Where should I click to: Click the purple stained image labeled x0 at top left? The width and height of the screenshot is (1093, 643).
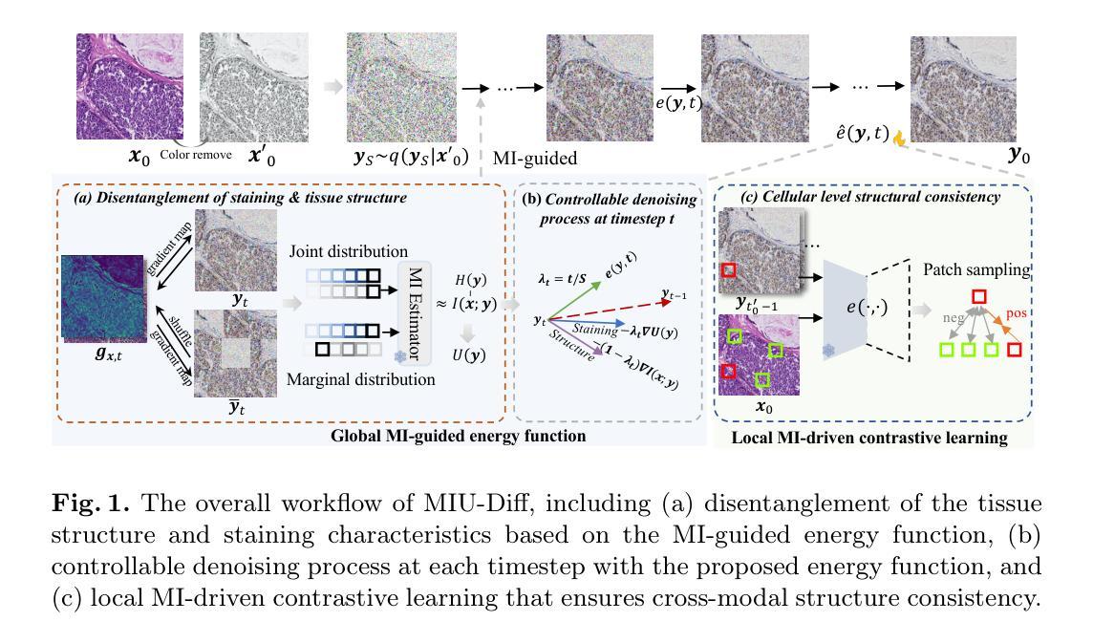click(x=130, y=87)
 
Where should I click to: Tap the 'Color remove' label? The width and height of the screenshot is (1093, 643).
click(x=196, y=155)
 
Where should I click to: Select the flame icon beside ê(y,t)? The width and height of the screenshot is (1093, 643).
click(x=899, y=138)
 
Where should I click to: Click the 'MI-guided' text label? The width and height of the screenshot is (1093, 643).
click(x=535, y=159)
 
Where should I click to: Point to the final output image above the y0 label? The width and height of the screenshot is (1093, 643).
click(x=963, y=89)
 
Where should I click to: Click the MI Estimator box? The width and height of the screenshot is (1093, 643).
click(x=414, y=313)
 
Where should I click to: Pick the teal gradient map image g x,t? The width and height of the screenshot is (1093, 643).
click(x=103, y=298)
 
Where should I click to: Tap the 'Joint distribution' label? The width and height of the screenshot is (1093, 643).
click(x=349, y=251)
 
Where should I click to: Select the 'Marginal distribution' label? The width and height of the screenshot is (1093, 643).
click(x=360, y=379)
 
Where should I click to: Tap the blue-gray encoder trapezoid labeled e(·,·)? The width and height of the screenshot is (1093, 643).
click(x=845, y=308)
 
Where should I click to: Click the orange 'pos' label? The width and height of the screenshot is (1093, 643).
click(x=1016, y=313)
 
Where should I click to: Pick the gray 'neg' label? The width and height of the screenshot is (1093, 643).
click(x=953, y=317)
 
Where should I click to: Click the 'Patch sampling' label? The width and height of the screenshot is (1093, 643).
click(x=976, y=269)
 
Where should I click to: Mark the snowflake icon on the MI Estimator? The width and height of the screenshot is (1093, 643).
click(x=401, y=357)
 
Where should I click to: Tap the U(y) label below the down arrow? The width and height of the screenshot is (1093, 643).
click(x=468, y=355)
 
